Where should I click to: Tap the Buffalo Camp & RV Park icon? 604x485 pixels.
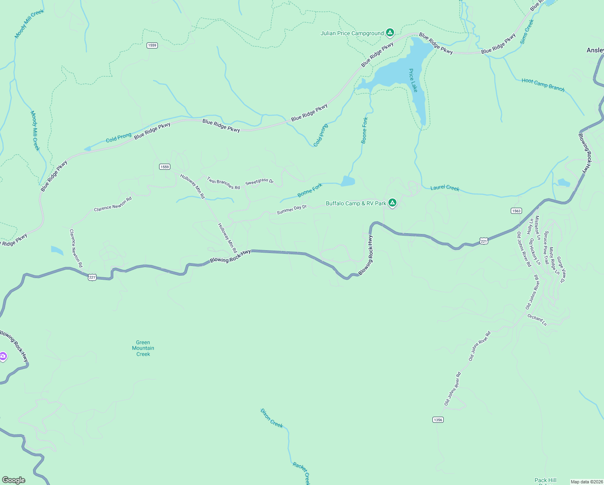(x=392, y=203)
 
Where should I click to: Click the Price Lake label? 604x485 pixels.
(x=413, y=80)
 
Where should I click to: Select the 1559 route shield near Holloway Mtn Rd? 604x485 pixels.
(x=164, y=167)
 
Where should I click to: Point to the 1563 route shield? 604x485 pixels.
(x=516, y=211)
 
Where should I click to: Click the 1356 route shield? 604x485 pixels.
(x=438, y=420)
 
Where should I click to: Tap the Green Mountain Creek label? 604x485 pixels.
(x=143, y=348)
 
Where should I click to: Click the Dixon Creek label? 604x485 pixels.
(x=271, y=418)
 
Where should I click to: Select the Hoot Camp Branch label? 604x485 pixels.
(x=543, y=85)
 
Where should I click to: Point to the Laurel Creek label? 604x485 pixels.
(x=445, y=188)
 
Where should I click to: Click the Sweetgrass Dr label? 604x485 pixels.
(x=260, y=182)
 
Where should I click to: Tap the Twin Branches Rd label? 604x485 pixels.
(x=223, y=183)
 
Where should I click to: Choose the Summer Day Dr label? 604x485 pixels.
(x=292, y=209)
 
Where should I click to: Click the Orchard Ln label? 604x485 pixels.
(x=537, y=320)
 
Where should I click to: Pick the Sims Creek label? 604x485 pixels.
(x=527, y=32)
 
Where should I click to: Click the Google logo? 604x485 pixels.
(x=14, y=480)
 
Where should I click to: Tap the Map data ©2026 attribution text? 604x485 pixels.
(x=586, y=482)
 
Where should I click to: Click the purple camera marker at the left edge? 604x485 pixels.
(x=3, y=356)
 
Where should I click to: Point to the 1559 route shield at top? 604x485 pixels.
(x=152, y=45)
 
